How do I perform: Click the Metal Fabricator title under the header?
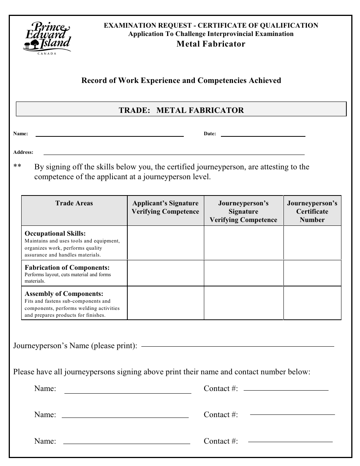[211, 44]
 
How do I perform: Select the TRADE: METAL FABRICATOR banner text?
[181, 110]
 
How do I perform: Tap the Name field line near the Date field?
[110, 135]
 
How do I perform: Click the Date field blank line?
[263, 135]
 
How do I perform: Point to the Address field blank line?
[174, 154]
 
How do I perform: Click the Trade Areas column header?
[74, 203]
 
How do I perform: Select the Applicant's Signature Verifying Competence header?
[165, 208]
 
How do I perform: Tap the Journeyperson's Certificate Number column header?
[312, 211]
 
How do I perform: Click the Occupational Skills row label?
[55, 234]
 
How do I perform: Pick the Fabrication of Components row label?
[67, 267]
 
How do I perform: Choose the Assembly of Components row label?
[64, 294]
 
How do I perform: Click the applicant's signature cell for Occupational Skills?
[165, 243]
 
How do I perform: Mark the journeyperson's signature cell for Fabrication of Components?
[243, 273]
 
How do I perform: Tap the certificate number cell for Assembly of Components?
[312, 303]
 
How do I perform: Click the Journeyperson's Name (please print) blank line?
[237, 346]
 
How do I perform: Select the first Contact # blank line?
[286, 389]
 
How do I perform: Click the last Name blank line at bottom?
[127, 443]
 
